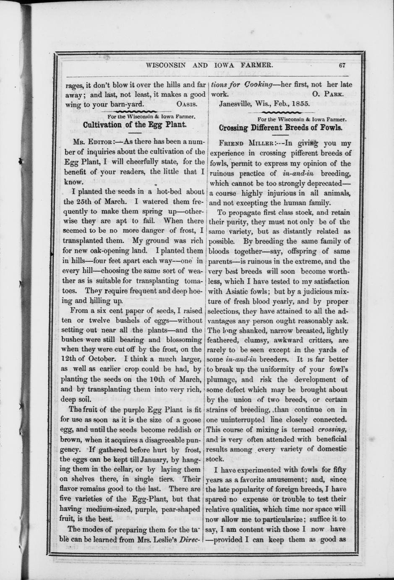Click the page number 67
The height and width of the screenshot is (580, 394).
coord(341,65)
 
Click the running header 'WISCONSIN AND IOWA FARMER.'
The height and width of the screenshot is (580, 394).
coord(209,65)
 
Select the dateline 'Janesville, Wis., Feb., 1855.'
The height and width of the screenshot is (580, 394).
coord(264,104)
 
